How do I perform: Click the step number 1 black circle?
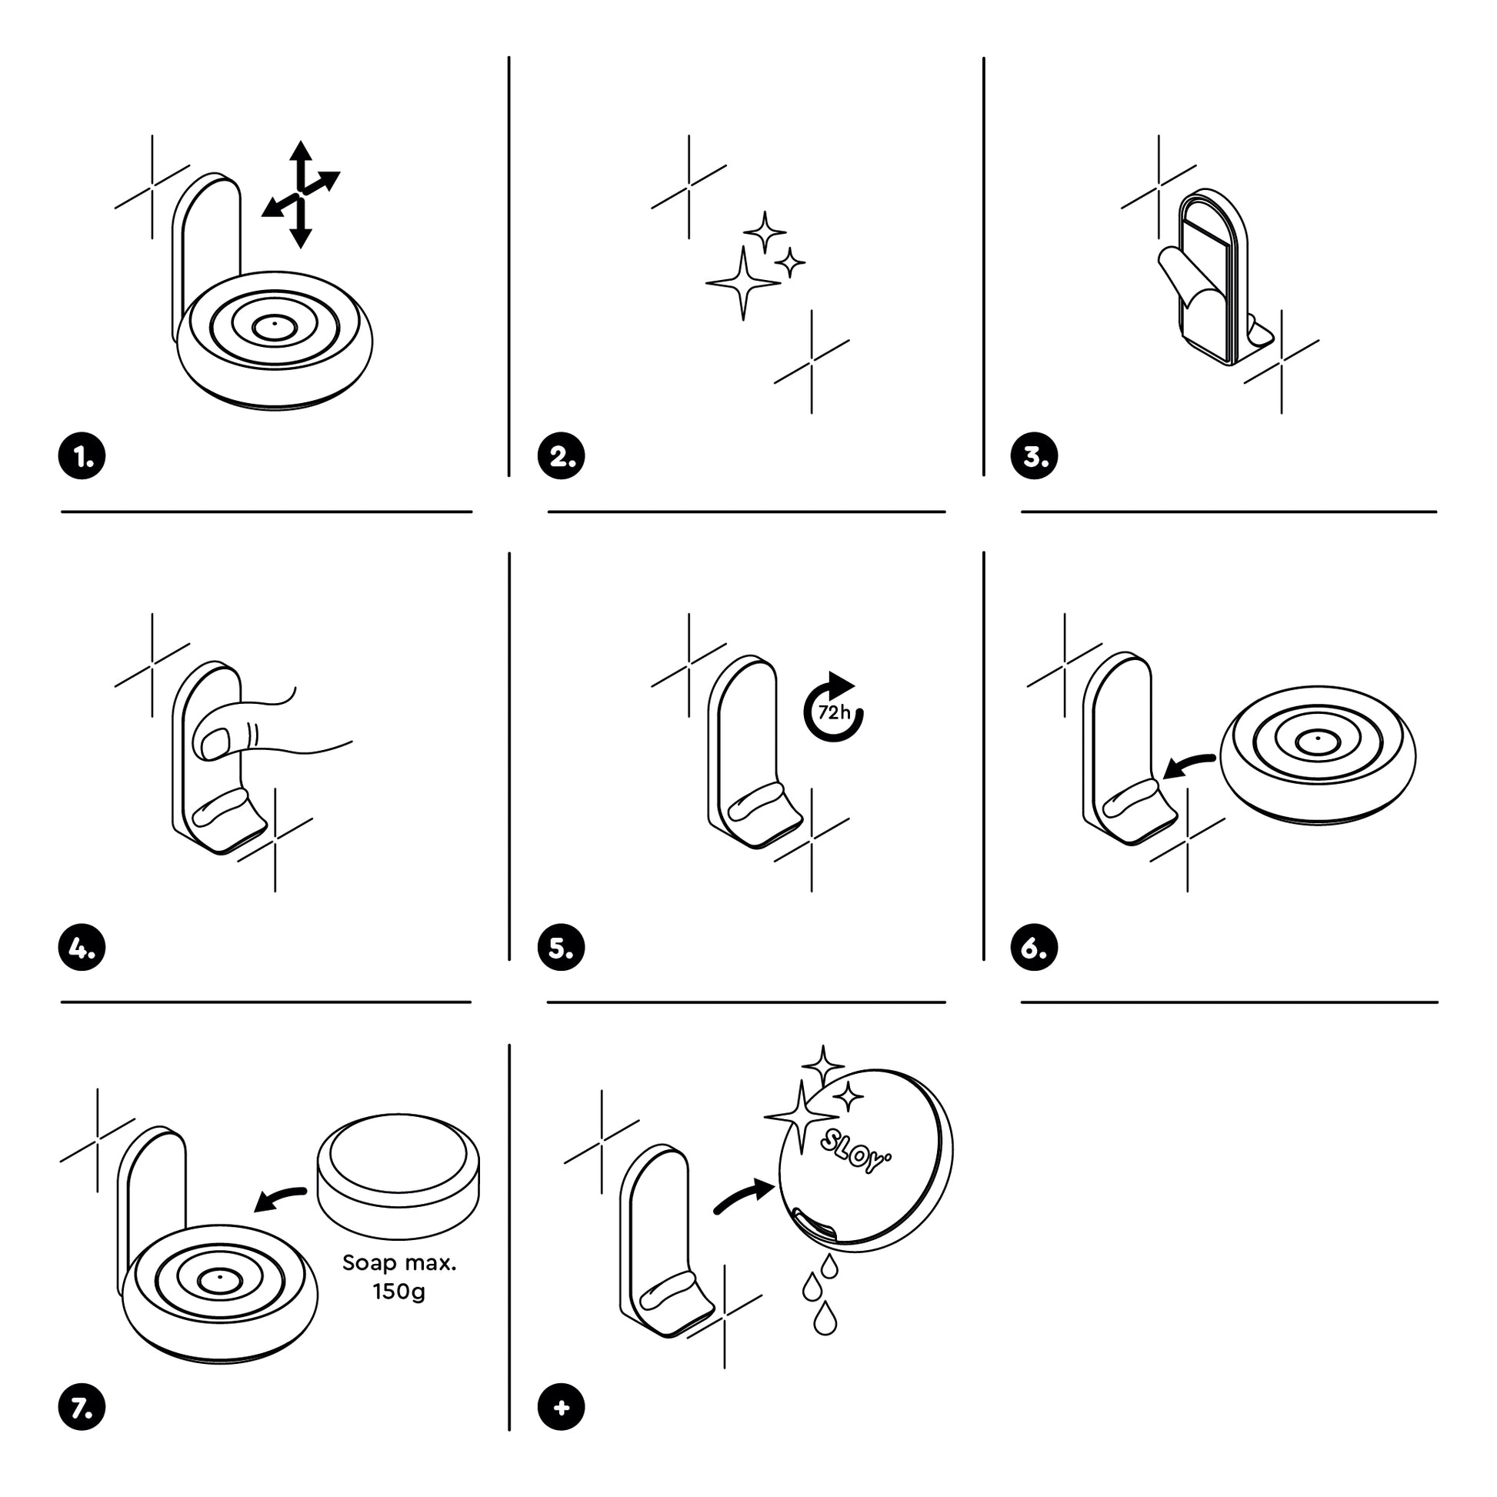pyautogui.click(x=82, y=456)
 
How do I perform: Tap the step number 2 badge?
pyautogui.click(x=561, y=456)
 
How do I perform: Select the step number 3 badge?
pyautogui.click(x=1034, y=456)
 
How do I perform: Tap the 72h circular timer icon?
pyautogui.click(x=834, y=710)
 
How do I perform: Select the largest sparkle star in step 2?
pyautogui.click(x=742, y=284)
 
